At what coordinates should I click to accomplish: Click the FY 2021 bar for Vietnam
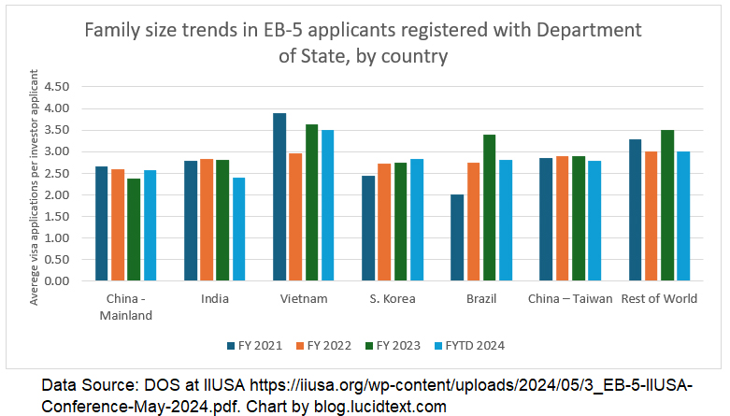279,197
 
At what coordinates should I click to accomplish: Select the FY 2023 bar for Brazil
489,208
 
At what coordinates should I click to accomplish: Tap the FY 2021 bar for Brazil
457,237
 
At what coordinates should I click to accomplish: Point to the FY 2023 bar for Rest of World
666,206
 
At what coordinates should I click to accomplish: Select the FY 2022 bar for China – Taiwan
562,219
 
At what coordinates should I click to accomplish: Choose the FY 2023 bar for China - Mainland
134,230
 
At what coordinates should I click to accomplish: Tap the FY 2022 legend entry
323,346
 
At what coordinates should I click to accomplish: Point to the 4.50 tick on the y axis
57,87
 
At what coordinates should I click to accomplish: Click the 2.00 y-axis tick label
57,195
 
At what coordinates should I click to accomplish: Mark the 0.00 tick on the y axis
57,281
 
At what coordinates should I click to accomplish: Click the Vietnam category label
303,299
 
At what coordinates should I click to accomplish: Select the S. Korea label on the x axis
392,299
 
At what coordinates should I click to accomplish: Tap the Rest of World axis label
659,299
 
